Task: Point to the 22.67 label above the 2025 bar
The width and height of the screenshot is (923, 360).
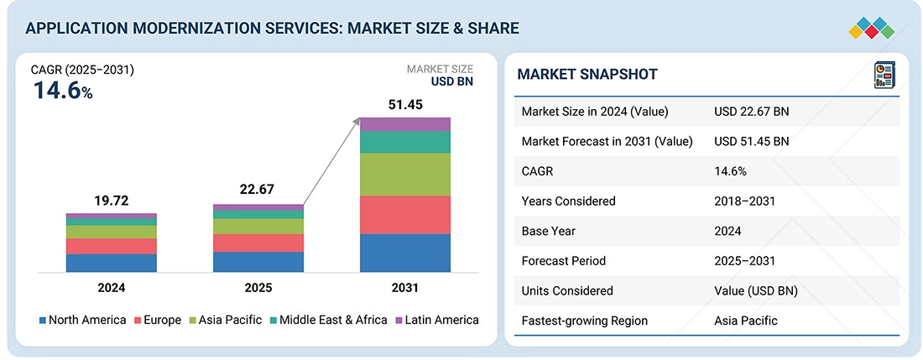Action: pyautogui.click(x=258, y=190)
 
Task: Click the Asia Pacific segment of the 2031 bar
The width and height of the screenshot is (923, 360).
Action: pyautogui.click(x=405, y=175)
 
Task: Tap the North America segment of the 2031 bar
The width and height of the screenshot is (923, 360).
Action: pyautogui.click(x=405, y=253)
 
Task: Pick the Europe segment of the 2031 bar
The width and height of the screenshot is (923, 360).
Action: pyautogui.click(x=405, y=215)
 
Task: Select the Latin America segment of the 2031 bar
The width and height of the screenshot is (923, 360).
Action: pyautogui.click(x=405, y=124)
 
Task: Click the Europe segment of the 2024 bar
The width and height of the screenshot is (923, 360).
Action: pyautogui.click(x=111, y=246)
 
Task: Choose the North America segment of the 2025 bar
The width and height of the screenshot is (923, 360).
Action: pyautogui.click(x=258, y=262)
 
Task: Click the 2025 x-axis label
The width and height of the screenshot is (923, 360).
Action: pyautogui.click(x=258, y=288)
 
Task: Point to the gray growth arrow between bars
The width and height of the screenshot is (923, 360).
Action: pyautogui.click(x=331, y=164)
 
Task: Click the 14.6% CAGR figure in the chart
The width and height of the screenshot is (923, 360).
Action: pyautogui.click(x=63, y=91)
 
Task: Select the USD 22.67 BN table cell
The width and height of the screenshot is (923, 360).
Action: pyautogui.click(x=751, y=112)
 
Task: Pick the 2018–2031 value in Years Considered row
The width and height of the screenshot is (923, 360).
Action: pyautogui.click(x=744, y=201)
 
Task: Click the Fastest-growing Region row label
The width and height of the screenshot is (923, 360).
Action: pyautogui.click(x=585, y=321)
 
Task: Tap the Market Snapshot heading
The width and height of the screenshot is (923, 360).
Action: pyautogui.click(x=587, y=75)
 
